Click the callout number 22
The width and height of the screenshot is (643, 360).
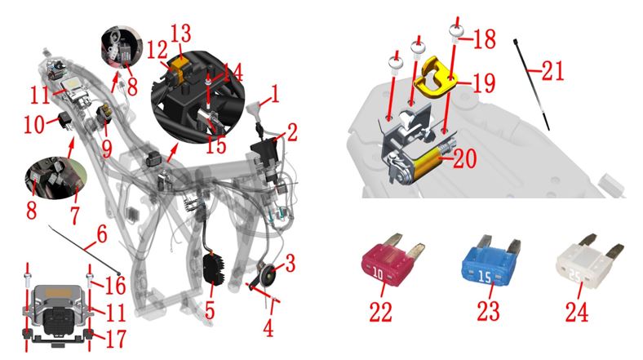[x=381, y=312]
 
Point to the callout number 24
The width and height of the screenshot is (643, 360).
[x=577, y=312]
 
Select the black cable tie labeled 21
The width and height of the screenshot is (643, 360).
[x=531, y=84]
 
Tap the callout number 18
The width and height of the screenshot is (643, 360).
[x=485, y=39]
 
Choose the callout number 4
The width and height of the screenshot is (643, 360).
[x=268, y=328]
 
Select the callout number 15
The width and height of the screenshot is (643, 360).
[x=215, y=144]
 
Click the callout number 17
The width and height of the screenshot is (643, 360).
[x=116, y=339]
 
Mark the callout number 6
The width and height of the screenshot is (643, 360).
[x=101, y=234]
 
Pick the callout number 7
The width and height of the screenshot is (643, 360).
[x=75, y=215]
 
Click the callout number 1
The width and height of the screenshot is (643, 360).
[x=275, y=94]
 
